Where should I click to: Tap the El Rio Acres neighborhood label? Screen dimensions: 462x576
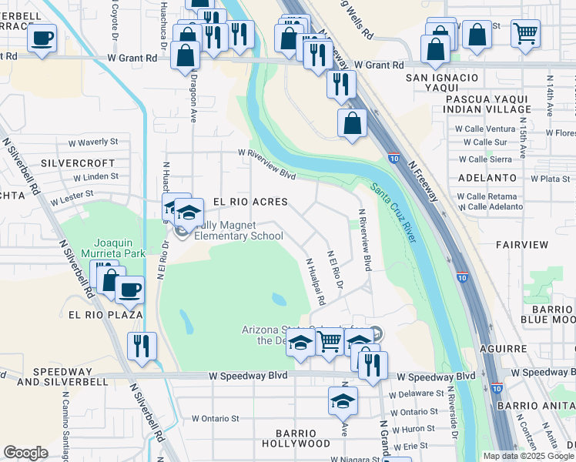[249, 202]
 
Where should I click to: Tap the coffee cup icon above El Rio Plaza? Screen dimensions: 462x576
[129, 290]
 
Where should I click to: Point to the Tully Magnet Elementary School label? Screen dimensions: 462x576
[238, 230]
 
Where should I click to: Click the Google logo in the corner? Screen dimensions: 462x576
[25, 453]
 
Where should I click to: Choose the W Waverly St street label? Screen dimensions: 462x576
[92, 142]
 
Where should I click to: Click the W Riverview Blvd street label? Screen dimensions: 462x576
[267, 165]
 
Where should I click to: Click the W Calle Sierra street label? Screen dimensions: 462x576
[484, 159]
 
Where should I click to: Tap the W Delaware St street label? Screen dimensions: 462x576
[416, 394]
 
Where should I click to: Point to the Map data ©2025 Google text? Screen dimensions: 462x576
[527, 456]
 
